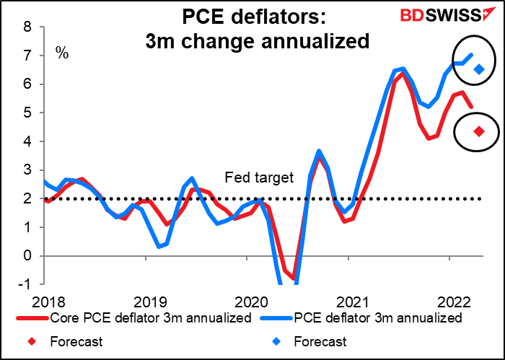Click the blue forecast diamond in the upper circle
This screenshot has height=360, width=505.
click(x=478, y=69)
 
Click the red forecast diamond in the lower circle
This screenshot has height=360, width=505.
click(x=478, y=131)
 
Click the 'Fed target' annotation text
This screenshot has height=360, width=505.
click(x=250, y=177)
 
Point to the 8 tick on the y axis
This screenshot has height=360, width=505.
click(x=27, y=27)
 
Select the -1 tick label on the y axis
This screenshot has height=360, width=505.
click(x=25, y=284)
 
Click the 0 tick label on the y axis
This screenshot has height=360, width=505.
click(x=27, y=256)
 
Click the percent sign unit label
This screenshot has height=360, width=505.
click(x=63, y=53)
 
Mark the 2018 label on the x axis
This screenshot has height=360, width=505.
click(x=45, y=299)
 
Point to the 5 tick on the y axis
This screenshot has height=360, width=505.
click(x=27, y=113)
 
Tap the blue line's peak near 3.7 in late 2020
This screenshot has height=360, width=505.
click(x=319, y=151)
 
